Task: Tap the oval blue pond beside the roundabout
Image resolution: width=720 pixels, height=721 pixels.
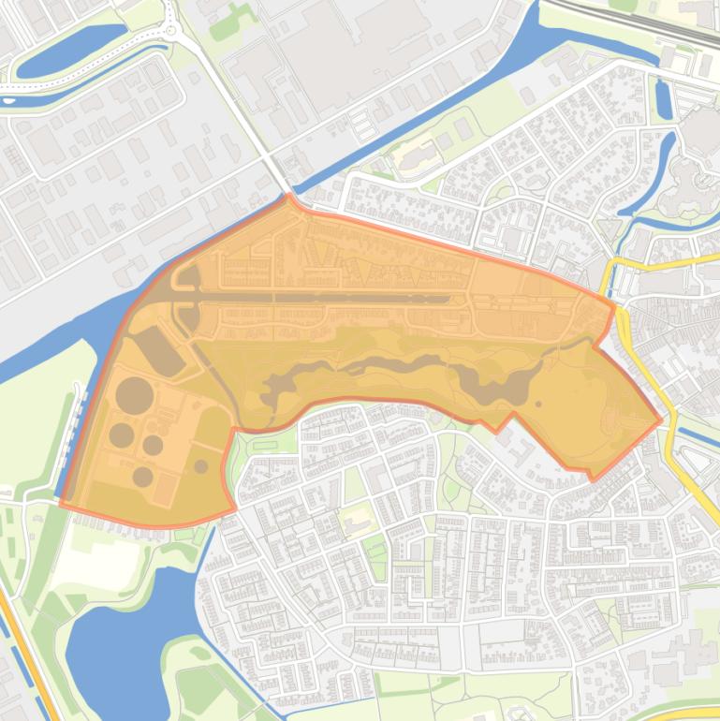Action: pos(70,51)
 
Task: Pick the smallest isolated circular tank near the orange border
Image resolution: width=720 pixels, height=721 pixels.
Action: pos(200,465)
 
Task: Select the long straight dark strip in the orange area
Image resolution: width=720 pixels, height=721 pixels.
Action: pos(328,299)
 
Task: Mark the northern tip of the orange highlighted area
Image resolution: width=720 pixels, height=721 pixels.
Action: pos(289,196)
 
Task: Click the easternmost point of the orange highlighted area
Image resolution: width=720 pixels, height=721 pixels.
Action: pos(662,419)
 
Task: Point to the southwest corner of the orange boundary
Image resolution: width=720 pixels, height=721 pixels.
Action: pos(62,504)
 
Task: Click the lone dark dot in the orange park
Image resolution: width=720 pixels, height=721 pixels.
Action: pos(538,405)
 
